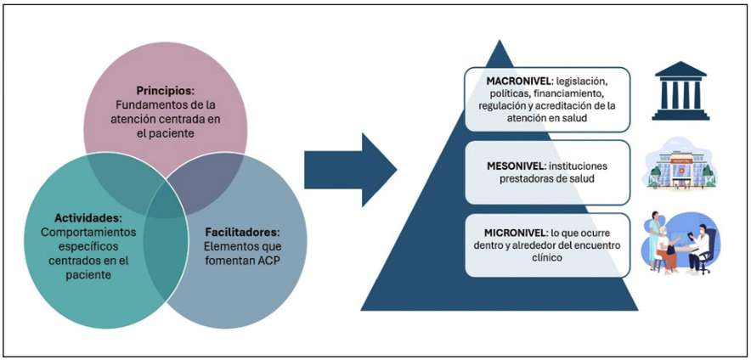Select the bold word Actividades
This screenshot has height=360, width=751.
(x=78, y=216)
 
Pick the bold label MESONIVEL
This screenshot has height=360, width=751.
(x=507, y=162)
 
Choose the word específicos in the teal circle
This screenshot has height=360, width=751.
(x=74, y=245)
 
